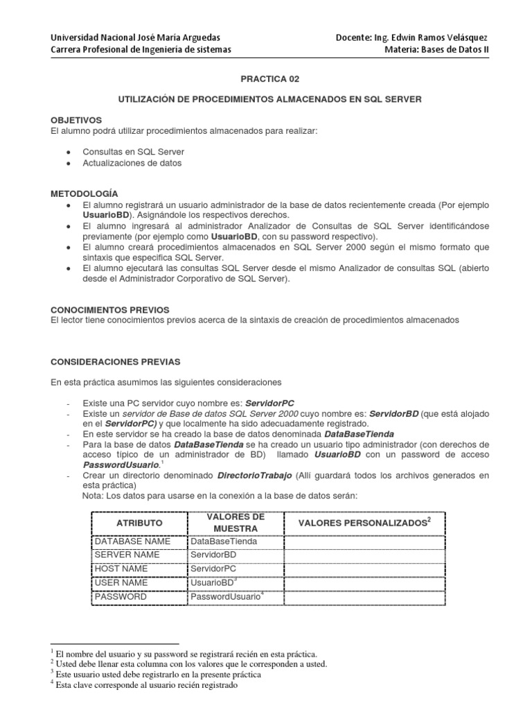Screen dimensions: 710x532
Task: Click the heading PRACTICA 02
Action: click(x=267, y=80)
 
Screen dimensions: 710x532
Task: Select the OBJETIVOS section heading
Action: click(x=76, y=120)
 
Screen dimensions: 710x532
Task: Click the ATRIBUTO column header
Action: click(x=139, y=522)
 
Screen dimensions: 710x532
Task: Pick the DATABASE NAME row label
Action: click(x=132, y=541)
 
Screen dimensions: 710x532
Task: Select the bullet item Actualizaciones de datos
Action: click(x=132, y=163)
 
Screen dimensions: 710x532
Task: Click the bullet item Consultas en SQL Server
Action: click(x=133, y=151)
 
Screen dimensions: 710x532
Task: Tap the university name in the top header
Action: click(x=132, y=37)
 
